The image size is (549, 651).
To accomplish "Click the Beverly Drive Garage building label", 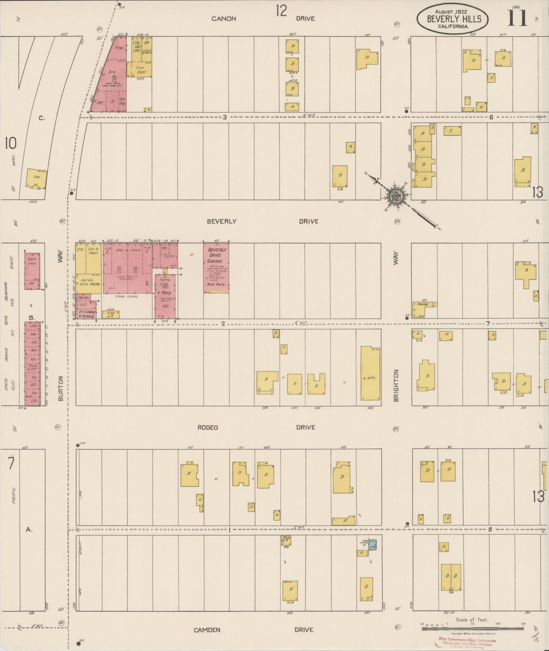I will [x=217, y=256].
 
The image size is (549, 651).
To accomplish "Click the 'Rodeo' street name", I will [x=208, y=427].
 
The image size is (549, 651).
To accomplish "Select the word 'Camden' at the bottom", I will [x=207, y=629].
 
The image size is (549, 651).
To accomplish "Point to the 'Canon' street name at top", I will [x=224, y=18].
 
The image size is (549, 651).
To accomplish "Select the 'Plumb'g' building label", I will [x=422, y=304].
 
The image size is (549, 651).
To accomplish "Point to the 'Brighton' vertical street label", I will [x=396, y=385].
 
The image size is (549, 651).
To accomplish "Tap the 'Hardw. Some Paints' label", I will [x=89, y=284].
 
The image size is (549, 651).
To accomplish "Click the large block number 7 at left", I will [x=11, y=464].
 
